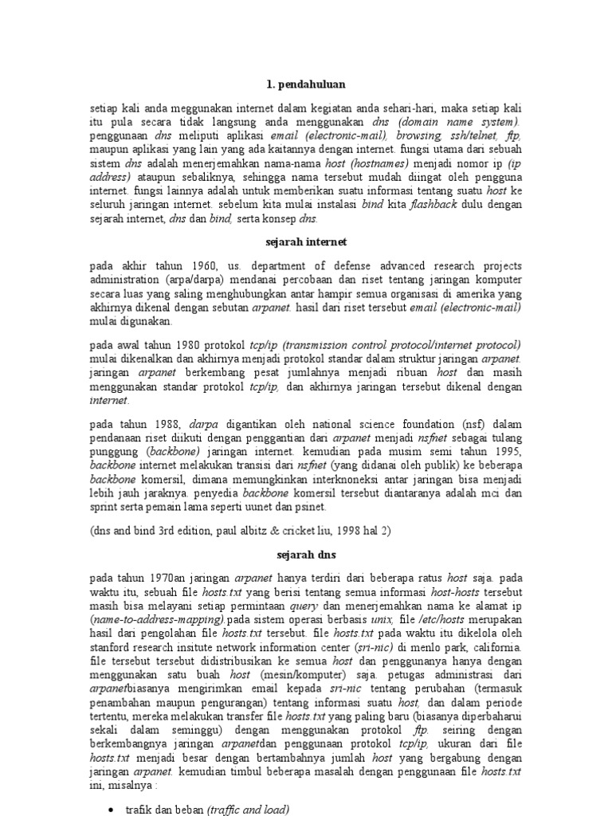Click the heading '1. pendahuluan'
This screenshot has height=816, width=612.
(306, 83)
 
